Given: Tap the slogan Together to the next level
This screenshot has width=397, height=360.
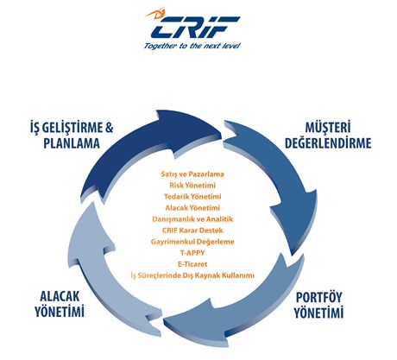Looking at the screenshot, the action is click(192, 46).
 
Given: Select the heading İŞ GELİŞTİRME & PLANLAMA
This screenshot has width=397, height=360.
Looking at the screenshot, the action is click(72, 136).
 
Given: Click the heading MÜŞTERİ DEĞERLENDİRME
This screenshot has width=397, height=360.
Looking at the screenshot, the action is click(328, 136).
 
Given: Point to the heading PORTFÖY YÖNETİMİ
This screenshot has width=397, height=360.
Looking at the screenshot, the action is click(318, 305).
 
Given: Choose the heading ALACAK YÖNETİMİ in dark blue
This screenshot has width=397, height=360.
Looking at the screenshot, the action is click(60, 304).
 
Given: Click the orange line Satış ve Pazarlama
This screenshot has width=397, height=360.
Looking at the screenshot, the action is click(192, 174).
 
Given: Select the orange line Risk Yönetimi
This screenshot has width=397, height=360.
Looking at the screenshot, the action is click(192, 186).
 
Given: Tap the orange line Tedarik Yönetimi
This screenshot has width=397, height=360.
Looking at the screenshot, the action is click(192, 197).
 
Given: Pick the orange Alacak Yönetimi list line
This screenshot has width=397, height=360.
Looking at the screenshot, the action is click(192, 208).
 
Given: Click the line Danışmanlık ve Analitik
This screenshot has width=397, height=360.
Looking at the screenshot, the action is click(192, 219).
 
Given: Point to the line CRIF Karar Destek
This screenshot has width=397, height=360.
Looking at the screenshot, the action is click(192, 231).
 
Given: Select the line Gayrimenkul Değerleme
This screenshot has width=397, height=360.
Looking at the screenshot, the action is click(192, 242).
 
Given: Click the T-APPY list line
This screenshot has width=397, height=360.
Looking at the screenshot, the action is click(192, 253).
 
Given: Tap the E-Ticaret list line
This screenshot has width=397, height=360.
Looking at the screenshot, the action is click(192, 264).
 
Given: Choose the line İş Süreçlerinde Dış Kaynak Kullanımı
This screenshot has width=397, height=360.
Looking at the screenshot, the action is click(192, 275).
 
